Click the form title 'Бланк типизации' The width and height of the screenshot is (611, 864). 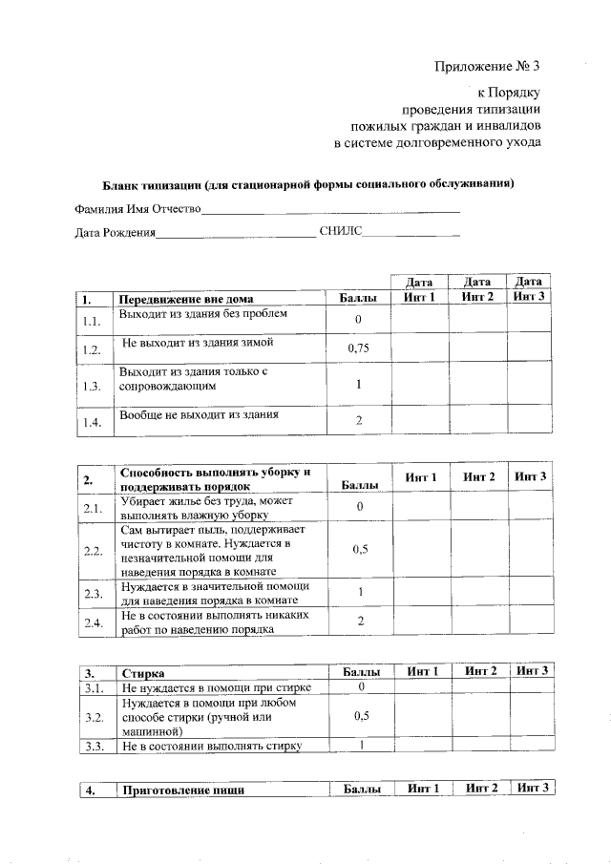point(308,183)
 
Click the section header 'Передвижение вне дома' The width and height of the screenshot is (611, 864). point(186,298)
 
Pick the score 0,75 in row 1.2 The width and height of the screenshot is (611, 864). point(358,348)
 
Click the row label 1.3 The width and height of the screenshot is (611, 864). point(92,386)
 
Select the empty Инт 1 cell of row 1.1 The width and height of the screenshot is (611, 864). point(421,319)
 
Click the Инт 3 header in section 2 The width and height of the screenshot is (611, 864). point(530,476)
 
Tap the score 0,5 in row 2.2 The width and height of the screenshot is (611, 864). point(360,550)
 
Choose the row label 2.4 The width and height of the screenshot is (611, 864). point(92,622)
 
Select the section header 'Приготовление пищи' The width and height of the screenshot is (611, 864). point(182,790)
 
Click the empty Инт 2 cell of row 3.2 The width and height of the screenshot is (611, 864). point(479,716)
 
